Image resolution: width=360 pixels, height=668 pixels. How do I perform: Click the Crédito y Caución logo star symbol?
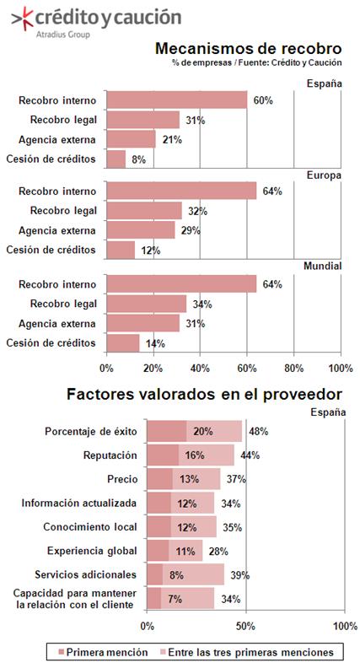pos(22,19)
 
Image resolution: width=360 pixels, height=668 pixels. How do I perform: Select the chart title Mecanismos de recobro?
pos(248,49)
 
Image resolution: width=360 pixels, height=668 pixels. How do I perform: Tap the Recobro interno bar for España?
pos(177,100)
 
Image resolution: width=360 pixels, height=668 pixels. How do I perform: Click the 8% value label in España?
pos(138,159)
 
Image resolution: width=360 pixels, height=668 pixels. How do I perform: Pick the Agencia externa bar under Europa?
pos(141,230)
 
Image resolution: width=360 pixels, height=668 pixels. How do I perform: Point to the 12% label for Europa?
pos(150,250)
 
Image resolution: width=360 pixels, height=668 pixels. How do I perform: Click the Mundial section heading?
pos(323,267)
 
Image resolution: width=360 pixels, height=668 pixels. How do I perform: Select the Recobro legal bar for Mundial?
pos(146,304)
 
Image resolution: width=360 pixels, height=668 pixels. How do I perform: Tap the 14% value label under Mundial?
pos(155,344)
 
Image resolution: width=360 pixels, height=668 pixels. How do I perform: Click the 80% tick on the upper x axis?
pos(293,368)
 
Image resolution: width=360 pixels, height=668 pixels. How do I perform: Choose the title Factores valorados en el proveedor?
pos(204,394)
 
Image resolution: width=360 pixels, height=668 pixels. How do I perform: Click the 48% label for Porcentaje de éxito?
pos(259,432)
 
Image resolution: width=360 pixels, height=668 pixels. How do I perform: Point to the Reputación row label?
pos(110,455)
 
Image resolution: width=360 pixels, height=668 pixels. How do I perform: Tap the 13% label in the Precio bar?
pos(189,479)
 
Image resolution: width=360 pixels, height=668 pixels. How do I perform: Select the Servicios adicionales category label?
pos(86,574)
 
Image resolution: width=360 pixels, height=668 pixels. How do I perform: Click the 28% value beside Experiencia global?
pos(218,552)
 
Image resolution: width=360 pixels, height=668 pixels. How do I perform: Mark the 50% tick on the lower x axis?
pos(245,626)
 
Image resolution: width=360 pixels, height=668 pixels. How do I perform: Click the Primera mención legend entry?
pos(103,652)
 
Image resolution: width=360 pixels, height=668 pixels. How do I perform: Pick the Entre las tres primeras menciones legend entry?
pos(246,652)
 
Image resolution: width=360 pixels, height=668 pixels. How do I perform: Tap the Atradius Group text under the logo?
pos(62,35)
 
